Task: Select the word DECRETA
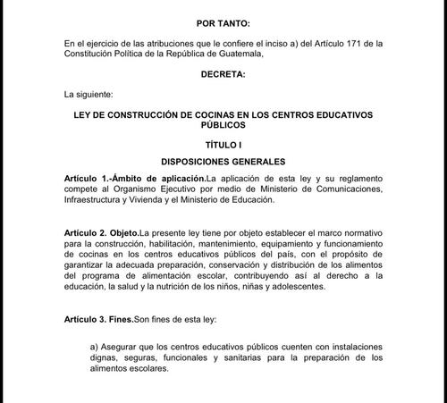[x=223, y=73]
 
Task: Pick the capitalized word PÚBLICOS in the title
[x=223, y=126]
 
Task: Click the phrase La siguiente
[x=88, y=92]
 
